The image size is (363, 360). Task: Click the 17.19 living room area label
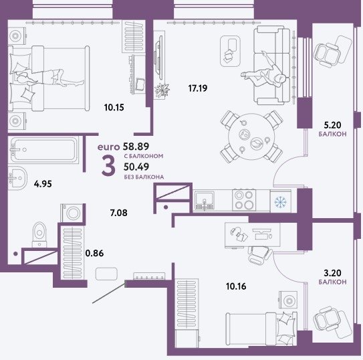point(198,88)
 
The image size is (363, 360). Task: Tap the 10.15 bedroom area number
point(114,108)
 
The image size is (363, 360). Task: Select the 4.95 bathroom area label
point(43,184)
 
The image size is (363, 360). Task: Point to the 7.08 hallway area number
point(118,213)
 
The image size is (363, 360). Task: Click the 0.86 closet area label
point(94,253)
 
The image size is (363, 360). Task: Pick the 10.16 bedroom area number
point(236,286)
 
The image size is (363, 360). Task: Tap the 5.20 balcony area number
point(332,125)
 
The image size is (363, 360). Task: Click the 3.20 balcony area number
point(332,273)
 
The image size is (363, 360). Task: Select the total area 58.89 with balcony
point(136,147)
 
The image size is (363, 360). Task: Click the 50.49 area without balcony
point(136,167)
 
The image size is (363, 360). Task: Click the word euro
point(108,147)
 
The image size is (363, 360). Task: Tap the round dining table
point(251,137)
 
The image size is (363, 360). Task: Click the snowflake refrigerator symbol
point(281,202)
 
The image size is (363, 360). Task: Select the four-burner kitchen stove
point(244,200)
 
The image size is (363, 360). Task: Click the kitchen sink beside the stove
point(205,201)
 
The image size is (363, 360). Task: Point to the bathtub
point(43,150)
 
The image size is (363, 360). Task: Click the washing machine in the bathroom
point(72,213)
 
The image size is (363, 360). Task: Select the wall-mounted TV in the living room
point(158,60)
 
